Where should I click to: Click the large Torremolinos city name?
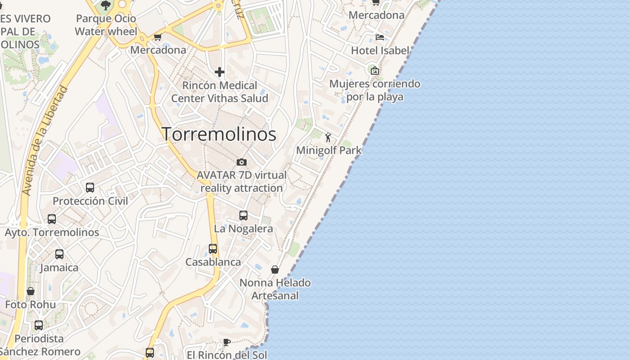click(219, 134)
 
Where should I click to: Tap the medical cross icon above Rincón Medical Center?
click(220, 72)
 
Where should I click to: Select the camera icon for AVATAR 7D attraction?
click(242, 162)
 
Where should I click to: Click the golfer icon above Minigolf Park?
click(328, 137)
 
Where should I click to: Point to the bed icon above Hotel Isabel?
click(380, 37)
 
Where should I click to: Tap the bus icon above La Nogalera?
click(243, 216)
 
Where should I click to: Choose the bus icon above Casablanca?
click(213, 249)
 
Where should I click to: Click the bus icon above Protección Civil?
click(90, 188)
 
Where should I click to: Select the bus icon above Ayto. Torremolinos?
click(52, 219)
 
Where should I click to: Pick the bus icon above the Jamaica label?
click(59, 254)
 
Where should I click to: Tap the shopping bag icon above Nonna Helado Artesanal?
click(275, 270)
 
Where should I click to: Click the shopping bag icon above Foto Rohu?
click(31, 291)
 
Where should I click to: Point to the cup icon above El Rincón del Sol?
click(227, 342)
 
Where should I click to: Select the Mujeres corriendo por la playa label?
click(375, 90)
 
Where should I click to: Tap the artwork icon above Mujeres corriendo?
click(374, 70)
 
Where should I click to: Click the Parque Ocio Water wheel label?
click(106, 25)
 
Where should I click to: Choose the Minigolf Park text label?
click(329, 150)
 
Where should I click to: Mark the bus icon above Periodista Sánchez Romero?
click(39, 325)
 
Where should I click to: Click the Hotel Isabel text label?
click(380, 50)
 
